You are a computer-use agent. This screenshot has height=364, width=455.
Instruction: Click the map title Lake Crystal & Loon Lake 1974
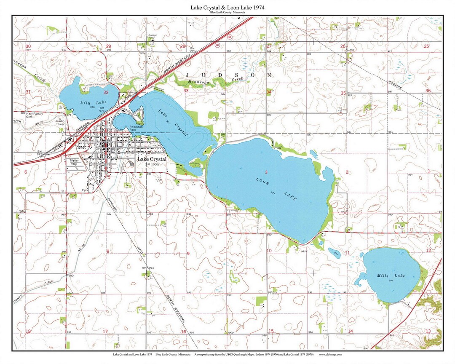227,8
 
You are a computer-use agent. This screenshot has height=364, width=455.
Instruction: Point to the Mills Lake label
391,276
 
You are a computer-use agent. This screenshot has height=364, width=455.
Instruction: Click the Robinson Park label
136,128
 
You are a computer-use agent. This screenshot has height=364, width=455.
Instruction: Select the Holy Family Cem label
37,114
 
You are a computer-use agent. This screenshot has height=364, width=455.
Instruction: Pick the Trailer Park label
74,162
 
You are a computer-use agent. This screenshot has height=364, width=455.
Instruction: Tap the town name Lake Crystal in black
152,159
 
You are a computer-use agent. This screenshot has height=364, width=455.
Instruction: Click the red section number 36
428,91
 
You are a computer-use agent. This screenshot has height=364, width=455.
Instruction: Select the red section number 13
428,331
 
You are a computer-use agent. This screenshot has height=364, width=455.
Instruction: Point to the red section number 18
28,332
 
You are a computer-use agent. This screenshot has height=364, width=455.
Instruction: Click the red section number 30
28,46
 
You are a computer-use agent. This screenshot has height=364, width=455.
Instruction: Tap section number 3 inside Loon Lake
266,172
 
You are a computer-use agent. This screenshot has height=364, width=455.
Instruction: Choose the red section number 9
188,254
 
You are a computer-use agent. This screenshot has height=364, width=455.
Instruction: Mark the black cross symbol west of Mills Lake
313,273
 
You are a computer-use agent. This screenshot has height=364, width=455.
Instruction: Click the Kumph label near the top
153,35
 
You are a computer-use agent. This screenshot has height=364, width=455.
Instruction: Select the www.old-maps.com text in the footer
330,355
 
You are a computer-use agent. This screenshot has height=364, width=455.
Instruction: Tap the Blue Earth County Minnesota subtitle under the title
227,13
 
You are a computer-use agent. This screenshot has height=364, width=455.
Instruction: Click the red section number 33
186,91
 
